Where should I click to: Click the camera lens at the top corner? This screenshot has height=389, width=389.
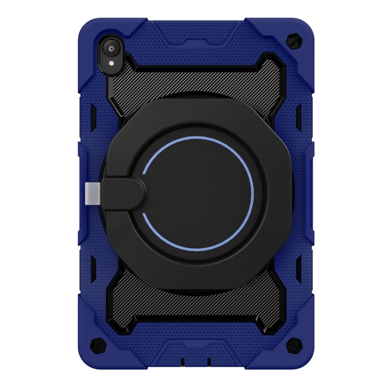112,49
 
